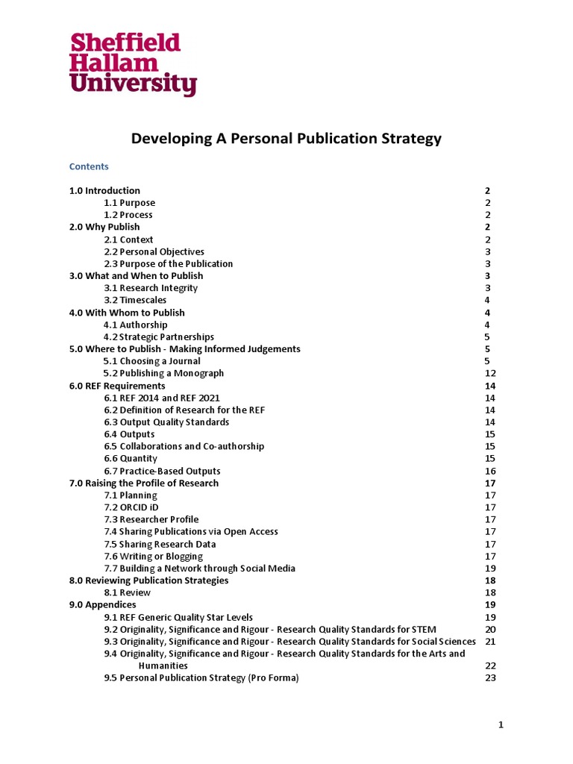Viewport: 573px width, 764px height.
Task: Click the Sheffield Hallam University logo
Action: [133, 63]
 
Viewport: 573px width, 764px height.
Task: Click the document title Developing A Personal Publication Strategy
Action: [286, 139]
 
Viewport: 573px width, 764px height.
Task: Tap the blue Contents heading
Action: [89, 166]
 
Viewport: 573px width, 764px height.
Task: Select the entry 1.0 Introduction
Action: [104, 190]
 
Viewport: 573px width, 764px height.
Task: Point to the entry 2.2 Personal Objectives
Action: [154, 251]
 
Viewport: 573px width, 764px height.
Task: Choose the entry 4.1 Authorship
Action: [136, 325]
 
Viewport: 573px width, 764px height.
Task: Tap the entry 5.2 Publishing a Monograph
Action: [163, 373]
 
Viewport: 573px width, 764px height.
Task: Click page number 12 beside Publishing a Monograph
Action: [490, 373]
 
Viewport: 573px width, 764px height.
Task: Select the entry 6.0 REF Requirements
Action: [117, 386]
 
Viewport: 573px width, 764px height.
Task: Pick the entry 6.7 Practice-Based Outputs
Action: [162, 471]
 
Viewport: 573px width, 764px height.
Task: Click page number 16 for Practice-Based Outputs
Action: [490, 471]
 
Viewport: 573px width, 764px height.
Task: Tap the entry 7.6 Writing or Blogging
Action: [153, 556]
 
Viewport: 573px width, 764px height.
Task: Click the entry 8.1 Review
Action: [128, 592]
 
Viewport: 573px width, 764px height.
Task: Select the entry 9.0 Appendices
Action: [103, 604]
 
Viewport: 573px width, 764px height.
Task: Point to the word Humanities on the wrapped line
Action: [163, 666]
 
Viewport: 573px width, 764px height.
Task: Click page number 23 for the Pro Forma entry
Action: [490, 677]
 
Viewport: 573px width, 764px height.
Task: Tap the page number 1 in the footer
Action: [501, 724]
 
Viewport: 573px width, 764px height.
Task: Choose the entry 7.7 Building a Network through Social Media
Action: [199, 568]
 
